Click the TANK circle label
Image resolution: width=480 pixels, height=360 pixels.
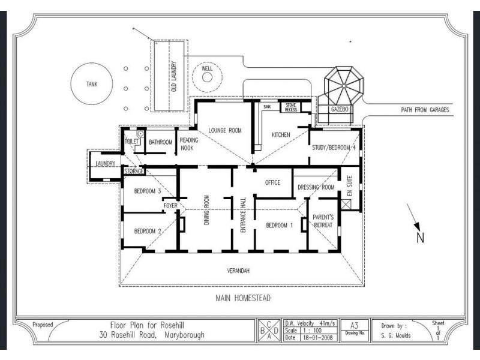(x=92, y=84)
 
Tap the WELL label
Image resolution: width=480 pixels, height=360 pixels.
(x=207, y=68)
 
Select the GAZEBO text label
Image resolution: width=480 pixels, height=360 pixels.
(x=340, y=109)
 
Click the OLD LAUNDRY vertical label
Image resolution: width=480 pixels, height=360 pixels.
(x=174, y=76)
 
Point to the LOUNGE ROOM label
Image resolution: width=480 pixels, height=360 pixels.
(x=225, y=130)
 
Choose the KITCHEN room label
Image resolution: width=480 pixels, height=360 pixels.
(x=281, y=134)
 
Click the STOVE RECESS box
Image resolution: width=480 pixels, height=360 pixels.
(x=291, y=107)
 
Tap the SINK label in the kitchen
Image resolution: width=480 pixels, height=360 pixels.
(x=267, y=107)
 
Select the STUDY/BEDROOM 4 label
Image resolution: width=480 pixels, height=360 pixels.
(x=334, y=148)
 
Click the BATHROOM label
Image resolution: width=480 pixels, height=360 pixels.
(x=160, y=142)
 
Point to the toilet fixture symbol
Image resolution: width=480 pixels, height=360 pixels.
(x=140, y=133)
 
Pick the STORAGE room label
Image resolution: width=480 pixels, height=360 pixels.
(x=134, y=171)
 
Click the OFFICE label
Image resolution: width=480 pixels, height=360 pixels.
(x=272, y=182)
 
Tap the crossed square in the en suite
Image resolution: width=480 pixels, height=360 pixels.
(x=346, y=204)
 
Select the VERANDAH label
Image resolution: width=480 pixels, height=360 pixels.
(x=238, y=271)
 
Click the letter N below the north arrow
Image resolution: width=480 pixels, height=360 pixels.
(x=421, y=238)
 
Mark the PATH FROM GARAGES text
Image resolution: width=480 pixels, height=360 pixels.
(x=425, y=110)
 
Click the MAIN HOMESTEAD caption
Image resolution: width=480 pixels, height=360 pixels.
(x=243, y=298)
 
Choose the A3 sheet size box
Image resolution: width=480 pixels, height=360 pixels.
(x=354, y=330)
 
